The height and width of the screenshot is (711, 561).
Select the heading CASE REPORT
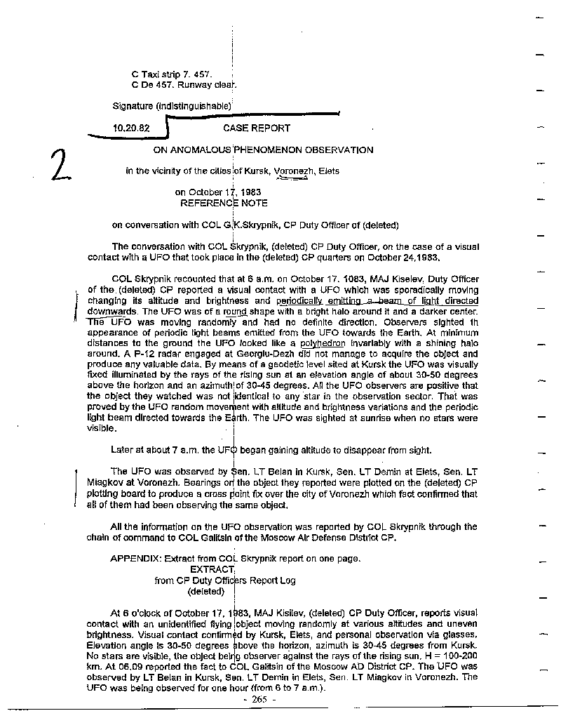pyautogui.click(x=257, y=128)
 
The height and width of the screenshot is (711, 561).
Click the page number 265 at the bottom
pyautogui.click(x=259, y=700)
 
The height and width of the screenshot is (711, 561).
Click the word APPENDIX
pyautogui.click(x=136, y=559)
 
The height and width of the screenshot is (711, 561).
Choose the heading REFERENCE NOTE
pyautogui.click(x=224, y=203)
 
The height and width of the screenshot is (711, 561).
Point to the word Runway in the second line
pyautogui.click(x=195, y=85)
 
